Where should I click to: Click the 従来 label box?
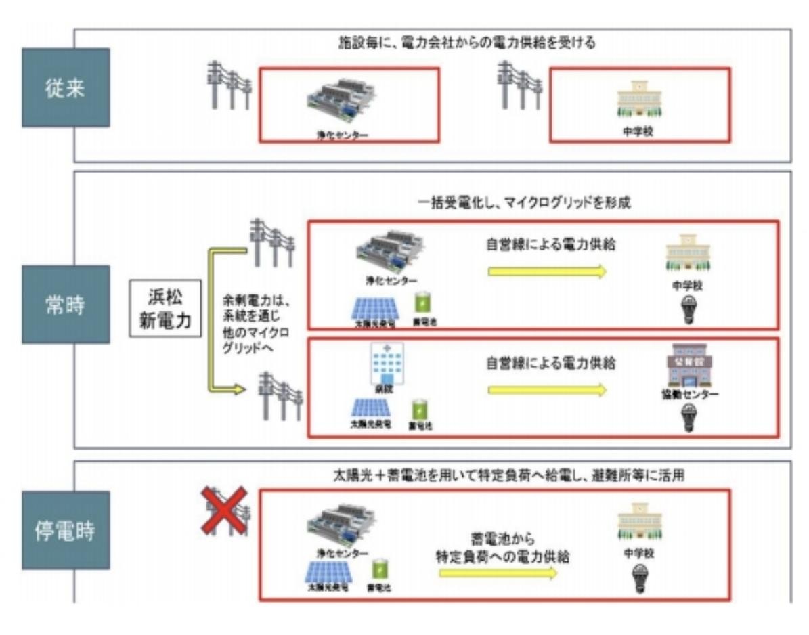[x=66, y=87]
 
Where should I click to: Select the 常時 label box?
[x=66, y=304]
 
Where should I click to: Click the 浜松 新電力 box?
[x=165, y=309]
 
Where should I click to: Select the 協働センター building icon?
[x=687, y=368]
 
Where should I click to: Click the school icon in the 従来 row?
[x=636, y=100]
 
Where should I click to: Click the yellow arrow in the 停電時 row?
[x=497, y=573]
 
